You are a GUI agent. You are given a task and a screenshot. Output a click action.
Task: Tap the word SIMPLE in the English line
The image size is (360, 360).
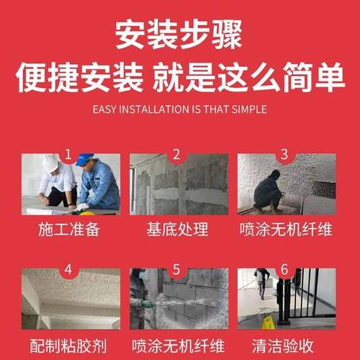coord(248,109)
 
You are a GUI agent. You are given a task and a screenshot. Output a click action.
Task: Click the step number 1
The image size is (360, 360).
coord(69,154)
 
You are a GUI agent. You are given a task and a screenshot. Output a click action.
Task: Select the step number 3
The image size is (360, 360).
coord(284,154)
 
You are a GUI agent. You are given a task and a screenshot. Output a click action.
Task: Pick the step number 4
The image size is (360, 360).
coord(69,271)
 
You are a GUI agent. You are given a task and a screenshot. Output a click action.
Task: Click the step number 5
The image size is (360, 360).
coord(176,271)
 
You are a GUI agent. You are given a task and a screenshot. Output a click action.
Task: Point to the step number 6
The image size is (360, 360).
coord(284,271)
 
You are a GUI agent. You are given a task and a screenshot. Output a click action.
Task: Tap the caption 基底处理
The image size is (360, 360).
coord(179,230)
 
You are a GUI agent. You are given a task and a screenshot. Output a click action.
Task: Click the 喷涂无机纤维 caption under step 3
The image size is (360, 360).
coord(286,230)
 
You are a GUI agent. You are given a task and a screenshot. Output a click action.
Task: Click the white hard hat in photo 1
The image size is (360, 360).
coord(50,163)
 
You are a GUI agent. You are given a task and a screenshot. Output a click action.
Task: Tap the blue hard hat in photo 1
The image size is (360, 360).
coord(85,160)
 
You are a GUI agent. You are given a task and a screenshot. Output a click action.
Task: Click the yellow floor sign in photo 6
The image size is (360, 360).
coord(268,322)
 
